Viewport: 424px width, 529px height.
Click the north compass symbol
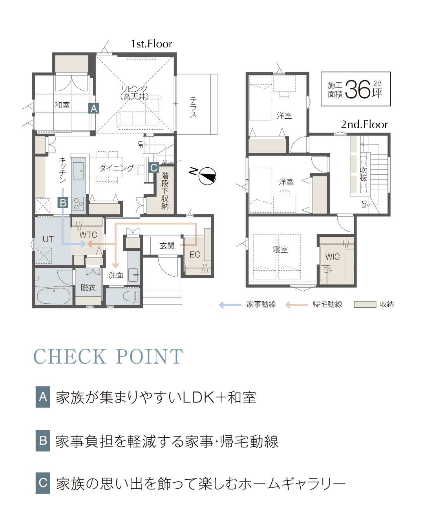pos(207,176)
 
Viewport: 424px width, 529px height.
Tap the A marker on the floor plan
pos(93,108)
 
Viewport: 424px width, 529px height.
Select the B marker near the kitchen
pos(63,203)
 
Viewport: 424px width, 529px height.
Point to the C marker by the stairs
pos(154,168)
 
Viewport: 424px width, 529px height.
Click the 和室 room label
pos(62,105)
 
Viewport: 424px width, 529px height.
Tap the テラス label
pos(194,107)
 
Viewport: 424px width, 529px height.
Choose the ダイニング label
pos(116,168)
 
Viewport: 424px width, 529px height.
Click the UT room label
pos(48,239)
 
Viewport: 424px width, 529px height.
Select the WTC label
pos(88,234)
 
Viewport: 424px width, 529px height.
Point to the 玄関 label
pos(167,246)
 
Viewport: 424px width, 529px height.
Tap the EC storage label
pos(195,254)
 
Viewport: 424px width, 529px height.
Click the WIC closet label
pos(333,257)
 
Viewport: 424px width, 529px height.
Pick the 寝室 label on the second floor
pos(280,250)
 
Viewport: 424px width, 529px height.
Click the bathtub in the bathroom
pos(54,296)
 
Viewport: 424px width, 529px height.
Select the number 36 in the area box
pos(358,89)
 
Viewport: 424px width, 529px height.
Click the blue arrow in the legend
pos(230,305)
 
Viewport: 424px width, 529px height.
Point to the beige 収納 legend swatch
pos(365,304)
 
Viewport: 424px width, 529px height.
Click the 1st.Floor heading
pos(151,44)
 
